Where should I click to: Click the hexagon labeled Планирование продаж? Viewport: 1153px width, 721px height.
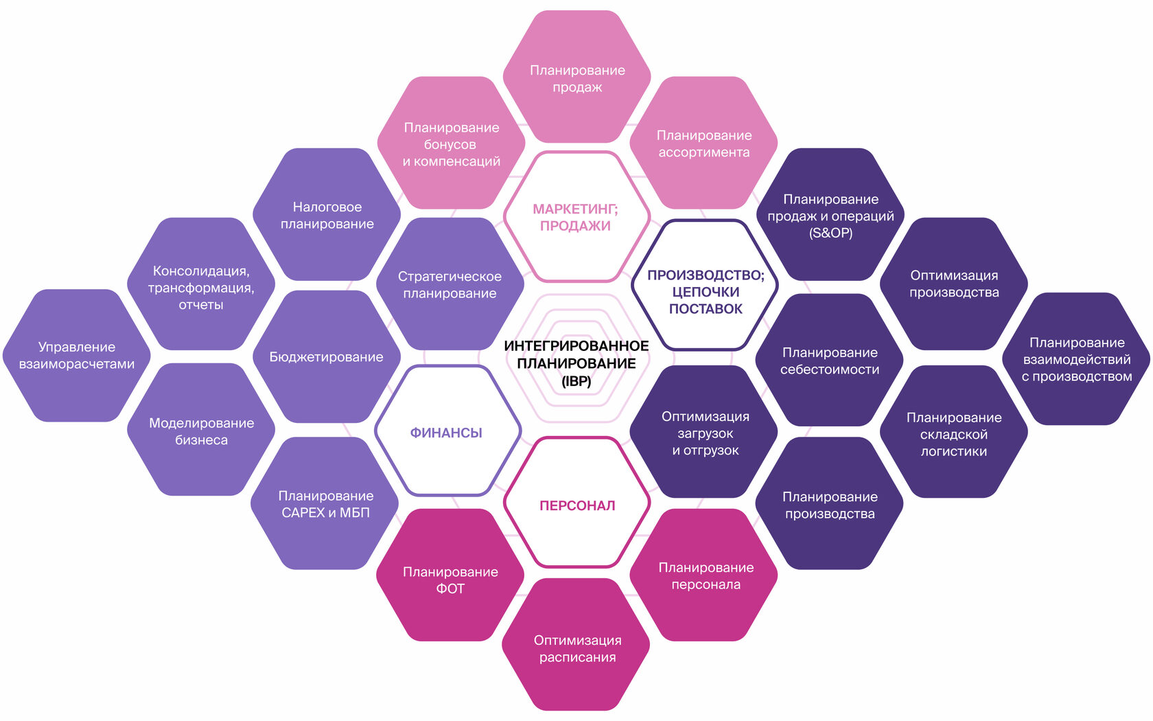click(577, 78)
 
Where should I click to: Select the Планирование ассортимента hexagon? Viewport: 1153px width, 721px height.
click(703, 144)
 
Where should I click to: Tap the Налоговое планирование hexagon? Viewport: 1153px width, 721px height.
click(327, 215)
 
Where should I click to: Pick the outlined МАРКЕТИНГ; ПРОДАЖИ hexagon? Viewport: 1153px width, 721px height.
click(576, 217)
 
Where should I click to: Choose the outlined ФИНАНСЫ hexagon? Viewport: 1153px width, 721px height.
click(447, 432)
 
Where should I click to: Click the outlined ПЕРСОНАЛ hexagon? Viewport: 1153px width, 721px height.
click(577, 505)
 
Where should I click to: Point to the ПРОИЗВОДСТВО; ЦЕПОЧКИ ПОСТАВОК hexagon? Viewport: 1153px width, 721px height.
click(705, 291)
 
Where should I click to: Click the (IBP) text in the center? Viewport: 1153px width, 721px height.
click(576, 381)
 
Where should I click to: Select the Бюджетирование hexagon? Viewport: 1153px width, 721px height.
click(326, 356)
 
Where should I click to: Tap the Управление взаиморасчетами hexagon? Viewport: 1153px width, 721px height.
click(77, 355)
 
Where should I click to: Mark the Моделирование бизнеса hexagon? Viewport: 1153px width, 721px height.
click(201, 431)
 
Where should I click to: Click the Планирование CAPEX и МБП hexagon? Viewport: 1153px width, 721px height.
click(325, 503)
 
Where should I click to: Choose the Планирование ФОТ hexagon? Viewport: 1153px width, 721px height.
click(450, 579)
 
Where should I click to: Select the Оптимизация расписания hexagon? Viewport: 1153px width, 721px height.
click(577, 648)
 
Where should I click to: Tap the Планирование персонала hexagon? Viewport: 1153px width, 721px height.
click(706, 575)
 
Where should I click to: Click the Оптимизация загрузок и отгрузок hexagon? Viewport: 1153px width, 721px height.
click(705, 433)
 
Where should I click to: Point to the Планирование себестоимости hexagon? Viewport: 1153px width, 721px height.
click(829, 360)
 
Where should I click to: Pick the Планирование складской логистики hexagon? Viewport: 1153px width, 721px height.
click(954, 433)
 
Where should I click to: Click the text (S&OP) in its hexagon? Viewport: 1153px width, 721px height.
click(830, 233)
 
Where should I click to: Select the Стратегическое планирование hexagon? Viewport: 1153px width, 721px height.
click(450, 284)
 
